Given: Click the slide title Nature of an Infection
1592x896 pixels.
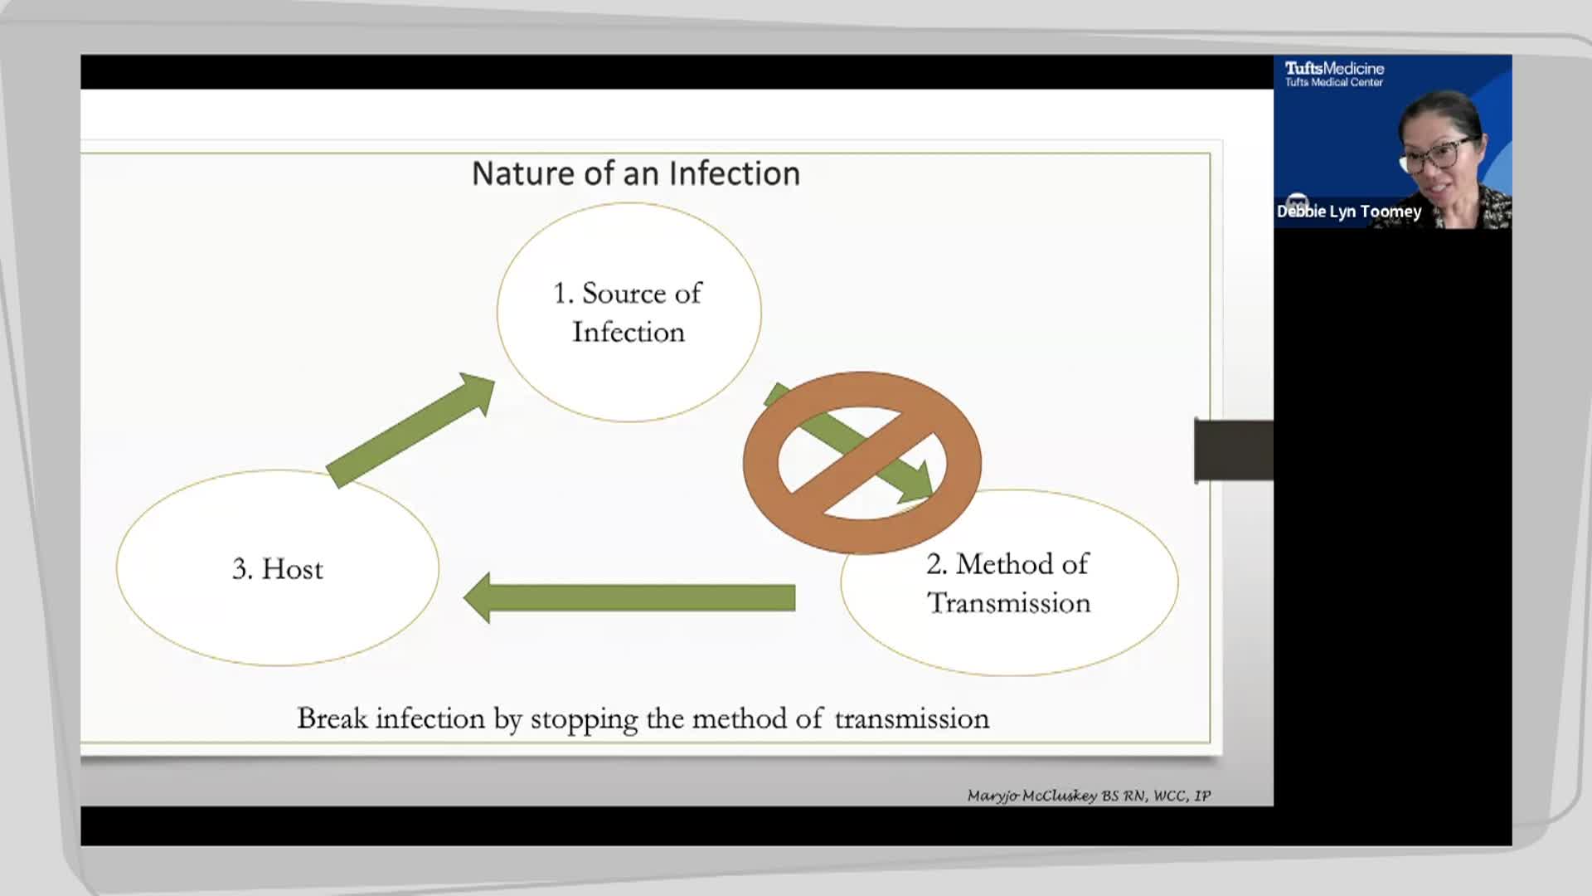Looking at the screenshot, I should pos(635,173).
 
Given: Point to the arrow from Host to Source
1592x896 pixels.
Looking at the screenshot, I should pos(410,429).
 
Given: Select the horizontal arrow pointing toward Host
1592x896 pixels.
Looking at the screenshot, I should pos(630,597).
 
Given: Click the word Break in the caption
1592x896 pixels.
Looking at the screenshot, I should pos(332,718).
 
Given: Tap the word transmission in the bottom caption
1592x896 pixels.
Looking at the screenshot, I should pos(911,718).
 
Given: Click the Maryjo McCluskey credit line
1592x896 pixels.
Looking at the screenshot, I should pos(1088,796).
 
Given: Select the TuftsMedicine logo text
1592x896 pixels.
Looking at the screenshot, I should pos(1334,68).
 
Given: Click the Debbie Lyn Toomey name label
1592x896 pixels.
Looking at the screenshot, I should pos(1349,212).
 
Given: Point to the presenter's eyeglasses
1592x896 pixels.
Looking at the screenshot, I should pos(1444,152).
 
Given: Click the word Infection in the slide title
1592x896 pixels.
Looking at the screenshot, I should pos(734,173).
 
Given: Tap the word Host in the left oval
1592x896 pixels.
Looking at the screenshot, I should pos(292,569).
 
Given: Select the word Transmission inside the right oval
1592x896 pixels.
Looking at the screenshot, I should pos(1008,603).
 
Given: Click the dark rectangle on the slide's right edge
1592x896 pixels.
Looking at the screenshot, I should pos(1234,450).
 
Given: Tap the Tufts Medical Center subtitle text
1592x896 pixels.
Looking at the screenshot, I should pos(1333,82).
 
